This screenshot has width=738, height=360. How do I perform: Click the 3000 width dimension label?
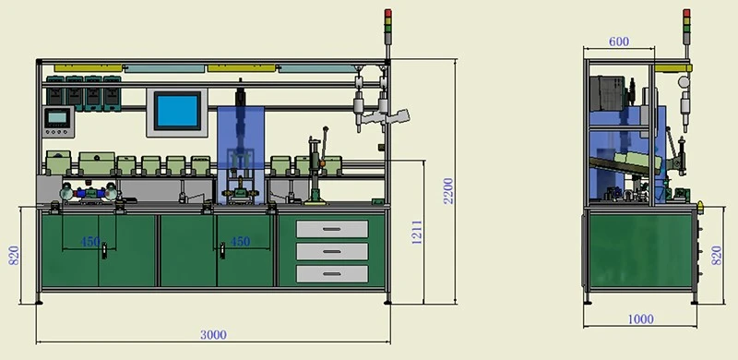pos(213,335)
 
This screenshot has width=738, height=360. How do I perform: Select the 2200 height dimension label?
pos(448,190)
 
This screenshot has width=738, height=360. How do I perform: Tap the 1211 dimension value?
pos(417,233)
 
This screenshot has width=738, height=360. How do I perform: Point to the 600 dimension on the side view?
pos(618,42)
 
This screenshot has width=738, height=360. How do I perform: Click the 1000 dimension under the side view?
pos(640,319)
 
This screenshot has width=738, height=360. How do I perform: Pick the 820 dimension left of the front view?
pos(14,255)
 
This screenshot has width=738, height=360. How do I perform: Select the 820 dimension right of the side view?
pos(717,255)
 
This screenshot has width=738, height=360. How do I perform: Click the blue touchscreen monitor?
pos(177,112)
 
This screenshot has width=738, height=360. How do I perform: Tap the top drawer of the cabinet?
pos(332,229)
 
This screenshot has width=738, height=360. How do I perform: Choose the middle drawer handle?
pos(332,252)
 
